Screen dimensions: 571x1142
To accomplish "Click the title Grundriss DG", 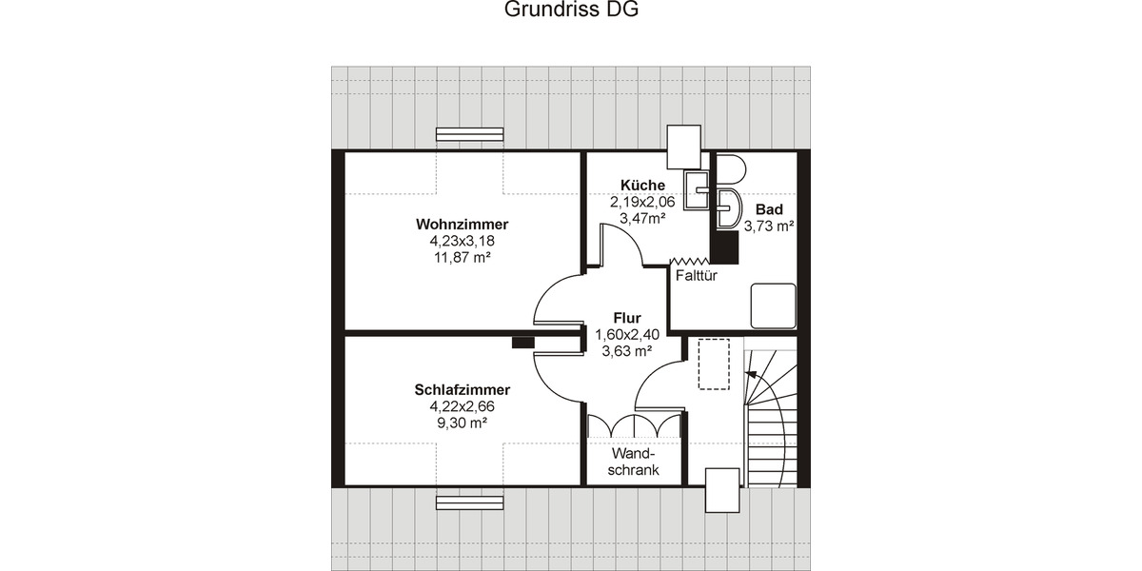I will pyautogui.click(x=570, y=10).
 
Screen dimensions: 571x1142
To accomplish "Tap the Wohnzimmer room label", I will pyautogui.click(x=462, y=225).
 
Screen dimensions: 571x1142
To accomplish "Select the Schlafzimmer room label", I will pyautogui.click(x=462, y=390).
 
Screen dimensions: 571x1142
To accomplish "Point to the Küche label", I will pyautogui.click(x=642, y=186).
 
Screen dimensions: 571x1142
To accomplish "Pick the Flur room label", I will pyautogui.click(x=626, y=318).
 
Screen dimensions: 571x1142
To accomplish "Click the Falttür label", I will pyautogui.click(x=695, y=276).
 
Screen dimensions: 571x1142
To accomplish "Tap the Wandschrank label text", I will pyautogui.click(x=633, y=463).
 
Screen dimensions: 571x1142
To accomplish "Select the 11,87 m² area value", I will pyautogui.click(x=462, y=257).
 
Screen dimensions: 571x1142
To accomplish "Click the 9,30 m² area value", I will pyautogui.click(x=462, y=422).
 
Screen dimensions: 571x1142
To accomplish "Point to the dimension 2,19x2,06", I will pyautogui.click(x=642, y=202).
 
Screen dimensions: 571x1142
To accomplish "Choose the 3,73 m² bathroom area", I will pyautogui.click(x=769, y=226).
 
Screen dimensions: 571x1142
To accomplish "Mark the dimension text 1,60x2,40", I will pyautogui.click(x=626, y=334).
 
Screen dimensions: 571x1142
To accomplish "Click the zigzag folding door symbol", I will pyautogui.click(x=692, y=262).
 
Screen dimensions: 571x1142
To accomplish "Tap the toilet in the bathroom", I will pyautogui.click(x=733, y=168).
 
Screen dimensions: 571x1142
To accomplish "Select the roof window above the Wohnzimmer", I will pyautogui.click(x=469, y=134).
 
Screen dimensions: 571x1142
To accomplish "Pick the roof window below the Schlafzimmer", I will pyautogui.click(x=469, y=502).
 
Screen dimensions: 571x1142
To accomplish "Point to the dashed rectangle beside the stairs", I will pyautogui.click(x=714, y=363).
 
